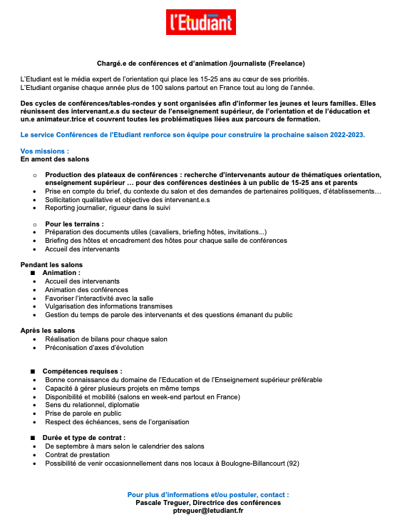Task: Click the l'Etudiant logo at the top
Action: [200, 22]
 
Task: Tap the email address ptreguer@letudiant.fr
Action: [200, 511]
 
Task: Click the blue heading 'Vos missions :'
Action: [45, 151]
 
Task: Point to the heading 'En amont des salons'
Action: [55, 159]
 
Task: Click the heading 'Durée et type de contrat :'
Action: [84, 437]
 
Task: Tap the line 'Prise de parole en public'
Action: [83, 414]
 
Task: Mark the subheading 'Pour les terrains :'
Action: [74, 224]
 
